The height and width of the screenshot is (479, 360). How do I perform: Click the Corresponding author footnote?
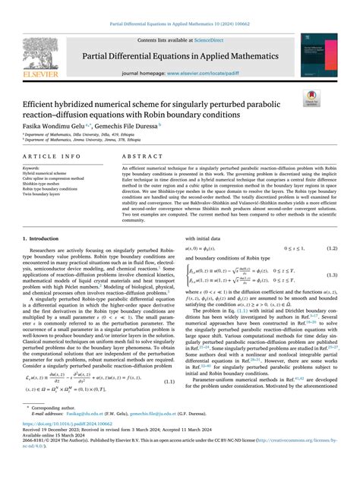pyautogui.click(x=55, y=429)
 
